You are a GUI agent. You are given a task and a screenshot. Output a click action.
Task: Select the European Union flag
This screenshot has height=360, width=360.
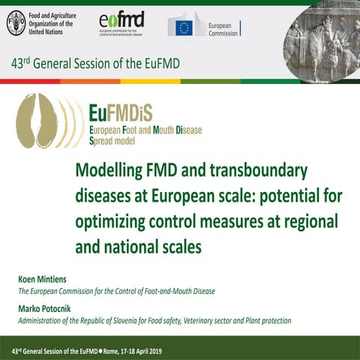[x=184, y=28]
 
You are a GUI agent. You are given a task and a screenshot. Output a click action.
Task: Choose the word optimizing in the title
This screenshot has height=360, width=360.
[x=115, y=221]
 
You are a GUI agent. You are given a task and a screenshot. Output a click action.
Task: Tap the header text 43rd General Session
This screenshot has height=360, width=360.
[x=72, y=64]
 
